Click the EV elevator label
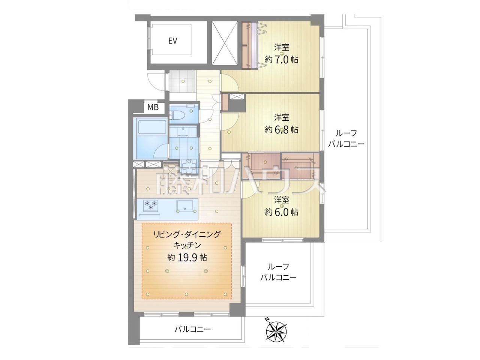pos(172,41)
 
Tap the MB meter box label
pos(153,107)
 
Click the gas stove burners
pos(151,205)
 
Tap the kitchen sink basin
pos(186,206)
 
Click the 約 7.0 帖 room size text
pos(282,60)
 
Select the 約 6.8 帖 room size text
pos(282,130)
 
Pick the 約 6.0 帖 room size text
pos(282,212)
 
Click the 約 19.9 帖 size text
pos(187,258)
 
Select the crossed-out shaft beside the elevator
pos(225,43)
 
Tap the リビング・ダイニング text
pos(187,234)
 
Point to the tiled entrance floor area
pos(182,81)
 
